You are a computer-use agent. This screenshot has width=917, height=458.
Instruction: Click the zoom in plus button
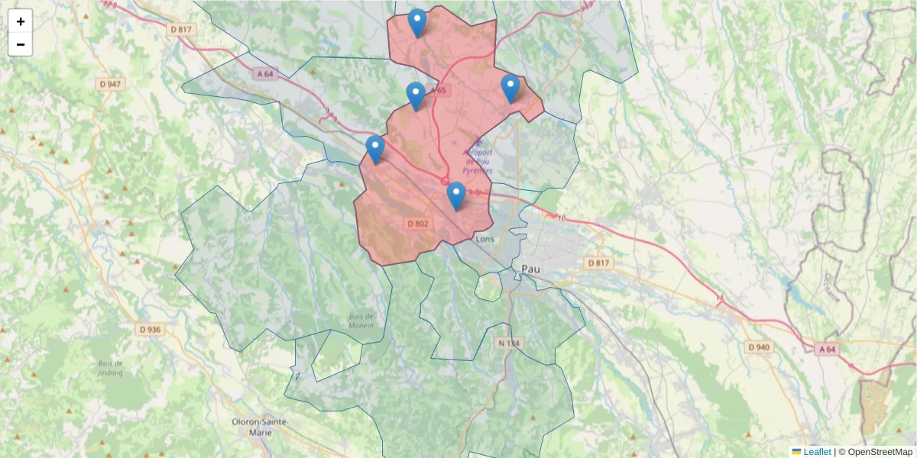tap(21, 21)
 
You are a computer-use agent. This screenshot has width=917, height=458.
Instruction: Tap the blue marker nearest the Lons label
tap(456, 196)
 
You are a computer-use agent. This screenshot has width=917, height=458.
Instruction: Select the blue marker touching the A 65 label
tap(416, 96)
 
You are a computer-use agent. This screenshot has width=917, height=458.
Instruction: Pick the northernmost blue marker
tap(416, 23)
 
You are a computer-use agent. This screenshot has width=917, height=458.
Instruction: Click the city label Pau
tap(530, 268)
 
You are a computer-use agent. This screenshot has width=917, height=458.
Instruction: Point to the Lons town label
tap(485, 238)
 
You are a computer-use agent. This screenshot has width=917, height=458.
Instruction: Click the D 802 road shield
tap(417, 224)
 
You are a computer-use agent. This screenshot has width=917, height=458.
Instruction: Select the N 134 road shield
tap(509, 343)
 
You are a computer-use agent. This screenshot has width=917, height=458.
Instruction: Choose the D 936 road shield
tap(151, 330)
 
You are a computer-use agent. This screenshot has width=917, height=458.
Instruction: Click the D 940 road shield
tap(759, 347)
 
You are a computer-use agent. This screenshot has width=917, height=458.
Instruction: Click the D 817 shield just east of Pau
tap(599, 263)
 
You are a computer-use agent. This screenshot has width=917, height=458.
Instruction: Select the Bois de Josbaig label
tap(111, 368)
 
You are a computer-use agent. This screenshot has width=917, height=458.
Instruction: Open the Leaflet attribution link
tap(816, 452)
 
